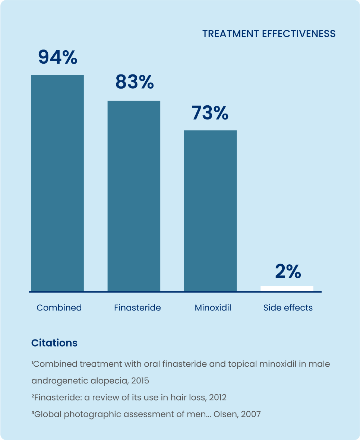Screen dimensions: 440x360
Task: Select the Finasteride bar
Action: click(x=134, y=196)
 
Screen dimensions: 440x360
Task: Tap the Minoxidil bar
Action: click(x=210, y=211)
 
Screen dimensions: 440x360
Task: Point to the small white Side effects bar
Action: click(x=287, y=288)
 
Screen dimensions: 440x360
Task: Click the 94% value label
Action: click(x=58, y=57)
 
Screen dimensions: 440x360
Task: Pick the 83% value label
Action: click(x=134, y=82)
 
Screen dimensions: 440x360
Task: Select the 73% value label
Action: click(x=210, y=113)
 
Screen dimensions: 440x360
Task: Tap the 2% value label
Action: click(x=288, y=272)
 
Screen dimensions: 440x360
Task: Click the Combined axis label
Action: click(x=59, y=308)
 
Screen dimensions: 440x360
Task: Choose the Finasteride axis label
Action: click(x=137, y=308)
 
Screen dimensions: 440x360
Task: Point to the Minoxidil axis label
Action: click(x=213, y=308)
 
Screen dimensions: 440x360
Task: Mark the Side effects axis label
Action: click(x=288, y=308)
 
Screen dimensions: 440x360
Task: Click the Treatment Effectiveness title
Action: click(x=269, y=34)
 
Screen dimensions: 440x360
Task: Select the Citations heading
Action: click(x=54, y=343)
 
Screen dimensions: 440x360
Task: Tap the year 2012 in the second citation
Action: click(x=218, y=398)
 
